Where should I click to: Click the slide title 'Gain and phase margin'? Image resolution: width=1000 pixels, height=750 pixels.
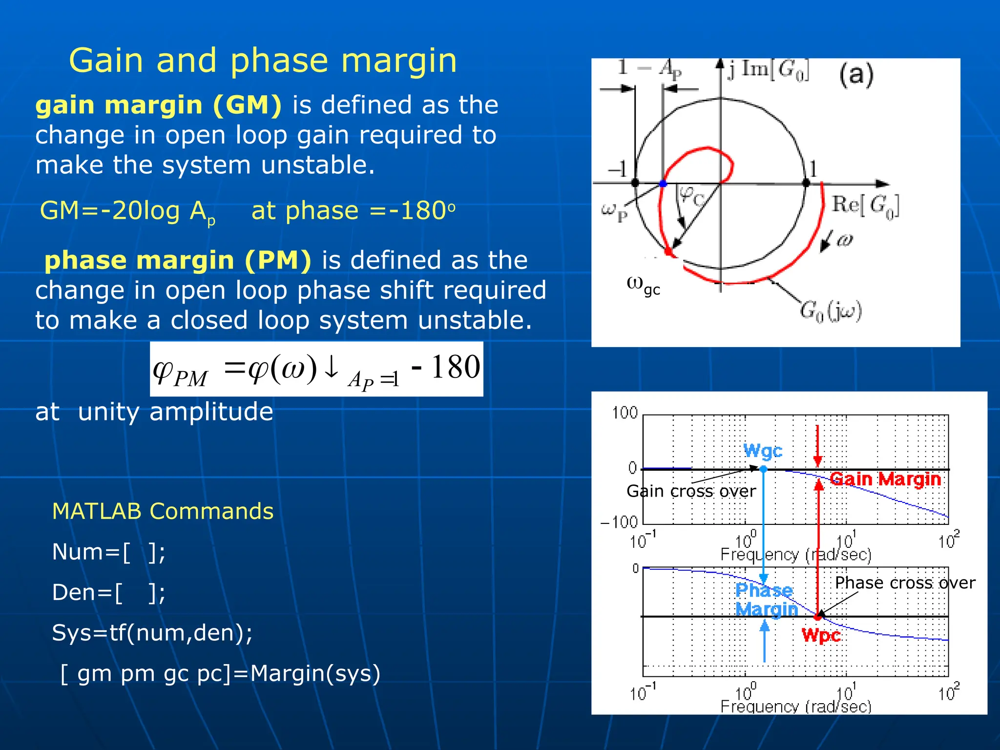click(x=263, y=61)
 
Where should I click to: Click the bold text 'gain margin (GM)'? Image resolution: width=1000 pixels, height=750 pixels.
click(x=159, y=105)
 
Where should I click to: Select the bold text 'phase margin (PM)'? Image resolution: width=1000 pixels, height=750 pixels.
click(x=178, y=260)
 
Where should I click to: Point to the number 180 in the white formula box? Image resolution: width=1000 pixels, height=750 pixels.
click(x=456, y=368)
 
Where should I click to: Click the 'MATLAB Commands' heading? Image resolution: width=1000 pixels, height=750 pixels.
click(x=163, y=512)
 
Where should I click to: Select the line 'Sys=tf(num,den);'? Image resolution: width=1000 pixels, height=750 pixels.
click(x=152, y=633)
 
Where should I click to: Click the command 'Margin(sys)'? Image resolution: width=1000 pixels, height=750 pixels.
click(x=315, y=673)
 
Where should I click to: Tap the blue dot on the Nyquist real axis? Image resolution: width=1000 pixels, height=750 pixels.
click(x=663, y=184)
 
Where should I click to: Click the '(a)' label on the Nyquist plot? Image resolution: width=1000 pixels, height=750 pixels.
click(x=856, y=75)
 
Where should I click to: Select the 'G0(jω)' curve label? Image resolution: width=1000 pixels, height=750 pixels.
click(x=831, y=312)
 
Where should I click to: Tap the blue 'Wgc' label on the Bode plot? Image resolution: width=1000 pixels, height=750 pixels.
click(x=763, y=451)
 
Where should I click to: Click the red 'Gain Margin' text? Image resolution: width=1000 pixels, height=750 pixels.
click(x=885, y=479)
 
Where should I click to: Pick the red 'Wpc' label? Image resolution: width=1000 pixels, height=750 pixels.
click(x=821, y=636)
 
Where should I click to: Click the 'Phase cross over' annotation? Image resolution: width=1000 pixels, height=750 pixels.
click(x=905, y=583)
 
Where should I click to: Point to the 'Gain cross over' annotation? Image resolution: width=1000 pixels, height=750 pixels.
click(x=691, y=491)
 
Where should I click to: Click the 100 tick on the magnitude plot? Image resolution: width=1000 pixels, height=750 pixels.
click(x=625, y=413)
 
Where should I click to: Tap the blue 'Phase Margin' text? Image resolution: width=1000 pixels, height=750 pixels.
click(x=766, y=600)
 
